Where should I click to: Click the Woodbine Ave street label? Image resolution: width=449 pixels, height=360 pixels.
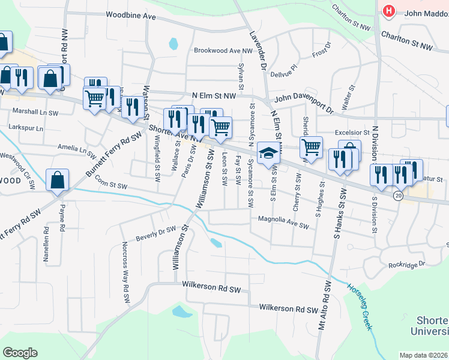pos(130,15)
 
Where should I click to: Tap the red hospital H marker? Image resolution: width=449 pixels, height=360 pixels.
pos(389,11)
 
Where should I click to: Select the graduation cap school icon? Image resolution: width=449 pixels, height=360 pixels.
pos(268,154)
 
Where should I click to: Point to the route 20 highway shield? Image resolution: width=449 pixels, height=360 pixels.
pos(397,196)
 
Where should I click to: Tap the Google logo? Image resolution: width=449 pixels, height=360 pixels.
pos(20,353)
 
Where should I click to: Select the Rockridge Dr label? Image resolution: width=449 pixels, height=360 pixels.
pos(406,264)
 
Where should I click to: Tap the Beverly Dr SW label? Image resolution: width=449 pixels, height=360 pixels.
pos(155,232)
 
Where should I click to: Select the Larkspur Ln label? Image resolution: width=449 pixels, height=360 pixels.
pos(26,128)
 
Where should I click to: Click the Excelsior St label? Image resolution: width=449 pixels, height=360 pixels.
pos(352,132)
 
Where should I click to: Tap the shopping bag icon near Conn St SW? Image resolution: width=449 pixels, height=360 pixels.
pos(58,180)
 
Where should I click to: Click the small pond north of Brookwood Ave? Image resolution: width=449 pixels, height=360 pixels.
pos(173,43)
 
